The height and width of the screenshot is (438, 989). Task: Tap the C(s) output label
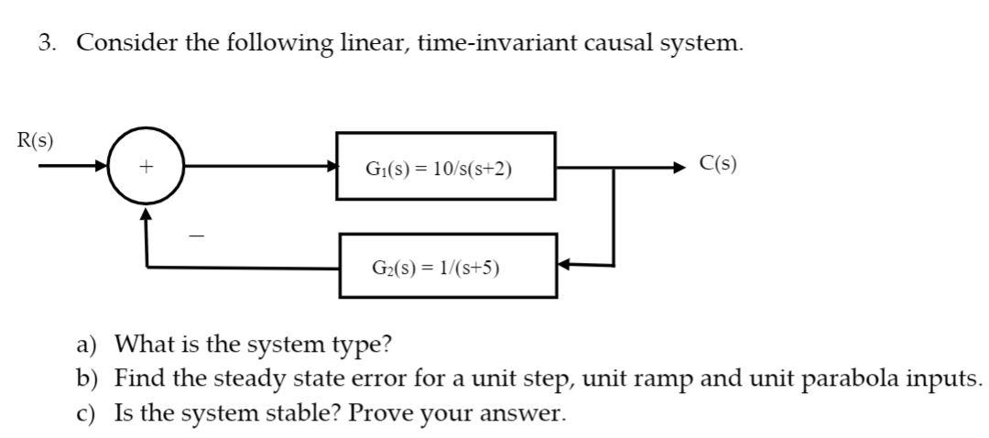click(717, 164)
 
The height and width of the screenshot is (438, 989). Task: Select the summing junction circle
click(147, 167)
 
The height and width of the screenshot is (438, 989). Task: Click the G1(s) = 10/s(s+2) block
click(446, 166)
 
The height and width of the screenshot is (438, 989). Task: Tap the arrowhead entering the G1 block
click(331, 166)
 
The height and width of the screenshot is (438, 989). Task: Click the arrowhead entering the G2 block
click(564, 265)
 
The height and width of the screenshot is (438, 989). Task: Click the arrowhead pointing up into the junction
click(147, 213)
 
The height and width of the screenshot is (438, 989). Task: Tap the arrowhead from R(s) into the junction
click(101, 166)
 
